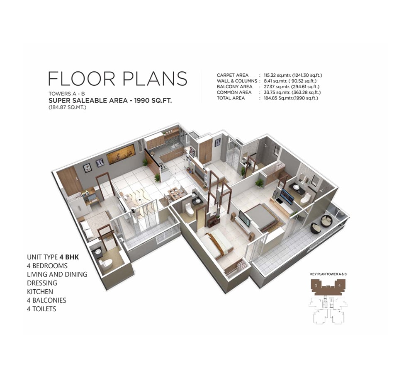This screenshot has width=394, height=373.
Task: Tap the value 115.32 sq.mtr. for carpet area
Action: click(277, 75)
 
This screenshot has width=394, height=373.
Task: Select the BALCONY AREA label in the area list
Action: click(234, 87)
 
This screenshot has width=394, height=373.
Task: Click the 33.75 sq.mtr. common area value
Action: click(277, 92)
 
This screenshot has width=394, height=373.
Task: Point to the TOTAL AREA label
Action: click(231, 98)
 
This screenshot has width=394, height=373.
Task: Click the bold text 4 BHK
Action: click(69, 257)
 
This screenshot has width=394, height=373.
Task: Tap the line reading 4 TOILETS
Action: click(41, 309)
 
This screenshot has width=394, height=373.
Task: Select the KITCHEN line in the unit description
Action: click(40, 292)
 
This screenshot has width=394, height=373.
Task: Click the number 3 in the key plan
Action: click(316, 285)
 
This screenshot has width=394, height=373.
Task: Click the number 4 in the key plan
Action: click(340, 285)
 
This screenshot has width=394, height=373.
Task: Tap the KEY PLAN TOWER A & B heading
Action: click(328, 274)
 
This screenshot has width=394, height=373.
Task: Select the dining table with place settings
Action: click(175, 194)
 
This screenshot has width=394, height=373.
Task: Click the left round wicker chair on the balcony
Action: click(316, 228)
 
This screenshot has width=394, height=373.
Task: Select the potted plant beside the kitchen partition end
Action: click(157, 177)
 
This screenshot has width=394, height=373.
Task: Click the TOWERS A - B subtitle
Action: click(67, 94)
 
